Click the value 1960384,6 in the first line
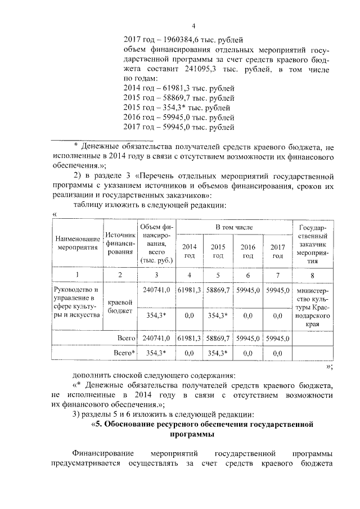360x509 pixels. point(179,39)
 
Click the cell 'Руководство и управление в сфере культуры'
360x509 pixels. point(77,303)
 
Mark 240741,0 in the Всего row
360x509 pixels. point(156,338)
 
